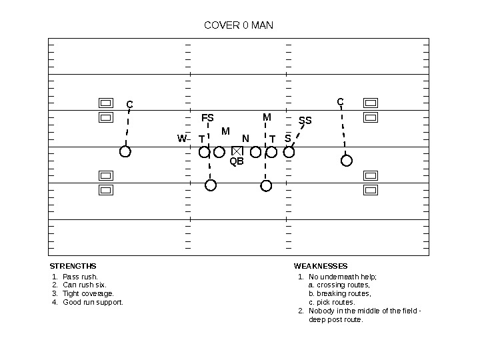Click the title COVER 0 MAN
pyautogui.click(x=238, y=25)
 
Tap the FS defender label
pyautogui.click(x=207, y=118)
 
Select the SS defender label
pyautogui.click(x=305, y=121)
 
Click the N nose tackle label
pyautogui.click(x=245, y=139)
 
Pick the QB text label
pyautogui.click(x=237, y=161)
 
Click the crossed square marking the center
pyautogui.click(x=237, y=151)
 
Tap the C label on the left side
pyautogui.click(x=129, y=105)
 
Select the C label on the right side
pyautogui.click(x=340, y=102)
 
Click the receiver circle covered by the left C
pyautogui.click(x=125, y=152)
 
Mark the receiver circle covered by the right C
pyautogui.click(x=347, y=160)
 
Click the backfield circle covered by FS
pyautogui.click(x=211, y=185)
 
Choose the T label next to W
pyautogui.click(x=201, y=139)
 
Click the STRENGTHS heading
pyautogui.click(x=73, y=266)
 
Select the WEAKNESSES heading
pyautogui.click(x=321, y=266)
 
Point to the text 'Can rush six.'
pyautogui.click(x=84, y=285)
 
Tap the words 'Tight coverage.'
pyautogui.click(x=88, y=293)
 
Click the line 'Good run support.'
pyautogui.click(x=93, y=302)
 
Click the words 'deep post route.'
pyautogui.click(x=336, y=319)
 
